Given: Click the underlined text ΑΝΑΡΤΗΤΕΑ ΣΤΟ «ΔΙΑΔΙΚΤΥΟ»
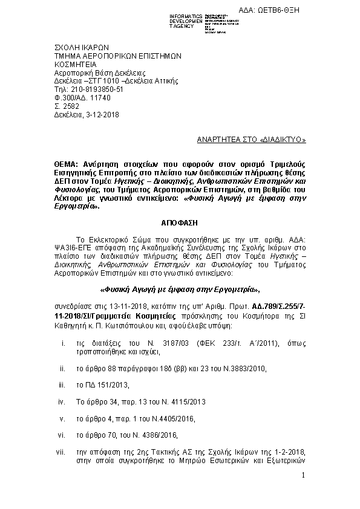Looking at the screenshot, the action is point(252,140).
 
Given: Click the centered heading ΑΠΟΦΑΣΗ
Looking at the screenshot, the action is point(180,222).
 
